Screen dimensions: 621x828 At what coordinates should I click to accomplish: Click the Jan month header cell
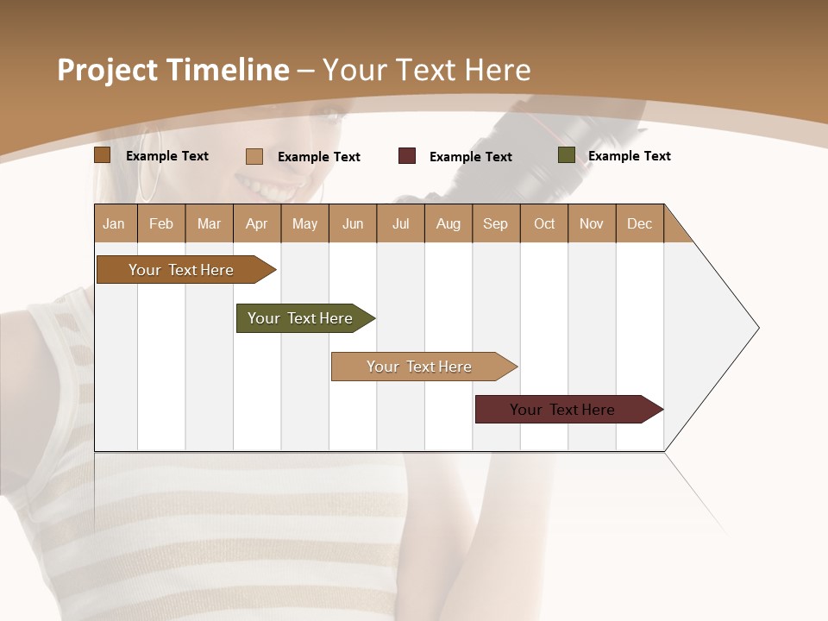(x=115, y=223)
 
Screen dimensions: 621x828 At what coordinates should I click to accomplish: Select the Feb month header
(x=161, y=223)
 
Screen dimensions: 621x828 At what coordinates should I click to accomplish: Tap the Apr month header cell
(x=257, y=223)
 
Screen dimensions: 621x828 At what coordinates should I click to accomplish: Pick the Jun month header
(x=353, y=223)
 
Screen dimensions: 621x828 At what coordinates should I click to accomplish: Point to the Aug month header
(x=448, y=223)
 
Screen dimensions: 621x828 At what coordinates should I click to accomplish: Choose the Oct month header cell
(x=544, y=223)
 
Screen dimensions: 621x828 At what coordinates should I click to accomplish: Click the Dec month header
(x=640, y=223)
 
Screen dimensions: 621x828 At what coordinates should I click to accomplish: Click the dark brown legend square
(x=103, y=155)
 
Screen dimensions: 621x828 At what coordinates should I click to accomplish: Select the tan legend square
(x=254, y=156)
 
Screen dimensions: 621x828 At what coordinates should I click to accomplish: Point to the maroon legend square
(x=407, y=156)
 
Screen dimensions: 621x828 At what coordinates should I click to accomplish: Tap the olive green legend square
(x=567, y=155)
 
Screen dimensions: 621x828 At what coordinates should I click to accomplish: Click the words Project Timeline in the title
(x=173, y=70)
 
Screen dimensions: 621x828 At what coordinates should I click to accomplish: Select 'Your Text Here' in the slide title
(x=426, y=70)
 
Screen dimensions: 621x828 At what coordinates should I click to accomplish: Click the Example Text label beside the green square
(x=629, y=156)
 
